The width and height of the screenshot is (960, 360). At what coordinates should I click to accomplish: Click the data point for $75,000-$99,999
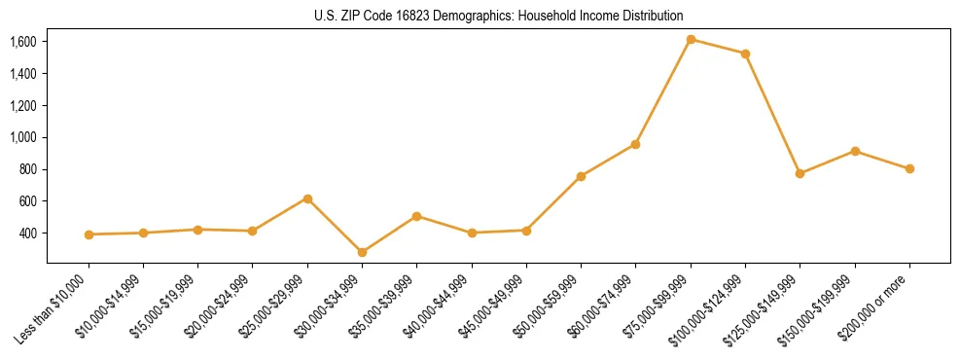coord(691,40)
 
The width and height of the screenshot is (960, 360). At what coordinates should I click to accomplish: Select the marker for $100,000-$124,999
coord(745,54)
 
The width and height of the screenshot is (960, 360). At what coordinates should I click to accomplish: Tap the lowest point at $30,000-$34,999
coord(362,252)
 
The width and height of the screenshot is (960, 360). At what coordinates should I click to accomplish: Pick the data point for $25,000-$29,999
coord(307,198)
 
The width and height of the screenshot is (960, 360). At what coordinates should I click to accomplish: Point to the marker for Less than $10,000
coord(89,234)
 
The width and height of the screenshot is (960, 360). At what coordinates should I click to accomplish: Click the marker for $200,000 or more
coord(909,168)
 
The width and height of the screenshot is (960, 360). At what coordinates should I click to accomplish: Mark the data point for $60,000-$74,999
coord(635,144)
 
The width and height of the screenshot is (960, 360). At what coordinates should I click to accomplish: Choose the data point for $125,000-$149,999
coord(800,173)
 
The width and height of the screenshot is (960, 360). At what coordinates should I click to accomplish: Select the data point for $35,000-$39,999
coord(416,216)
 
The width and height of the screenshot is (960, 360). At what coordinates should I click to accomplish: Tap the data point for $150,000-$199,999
coord(855,151)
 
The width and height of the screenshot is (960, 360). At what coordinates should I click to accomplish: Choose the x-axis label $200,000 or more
coord(878,306)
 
